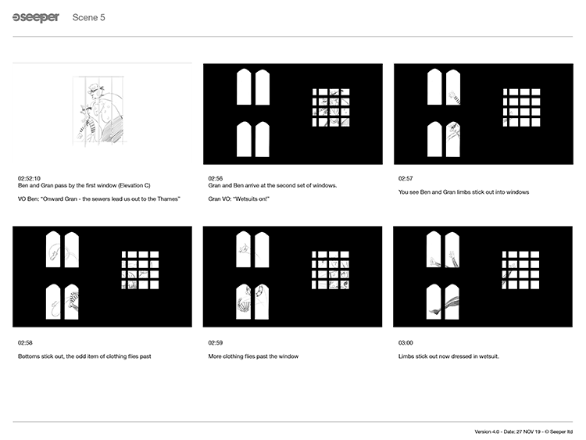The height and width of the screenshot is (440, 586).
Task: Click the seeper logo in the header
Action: point(36,17)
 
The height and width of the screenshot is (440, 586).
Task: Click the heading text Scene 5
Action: point(88,17)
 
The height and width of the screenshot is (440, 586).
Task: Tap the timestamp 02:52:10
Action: point(29,178)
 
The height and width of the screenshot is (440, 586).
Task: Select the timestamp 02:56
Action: point(216,178)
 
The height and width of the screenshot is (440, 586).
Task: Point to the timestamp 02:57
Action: point(406,178)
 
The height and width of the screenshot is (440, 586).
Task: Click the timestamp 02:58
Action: point(25,342)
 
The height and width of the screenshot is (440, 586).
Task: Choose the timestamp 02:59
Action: point(216,342)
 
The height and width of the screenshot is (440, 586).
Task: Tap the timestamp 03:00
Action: point(406,342)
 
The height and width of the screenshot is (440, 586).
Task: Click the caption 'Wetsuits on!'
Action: point(239,199)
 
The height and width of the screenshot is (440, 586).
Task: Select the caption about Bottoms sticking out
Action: point(84,356)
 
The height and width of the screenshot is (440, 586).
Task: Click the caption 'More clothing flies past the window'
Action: point(253,356)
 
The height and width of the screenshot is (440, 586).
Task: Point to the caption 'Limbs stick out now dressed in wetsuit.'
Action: point(448,356)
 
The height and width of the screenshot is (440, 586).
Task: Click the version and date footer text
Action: point(523,431)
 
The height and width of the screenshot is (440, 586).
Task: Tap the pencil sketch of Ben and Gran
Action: point(98,111)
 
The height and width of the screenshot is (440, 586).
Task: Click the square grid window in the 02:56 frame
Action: point(331,107)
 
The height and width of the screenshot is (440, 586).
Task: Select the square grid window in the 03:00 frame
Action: point(520,270)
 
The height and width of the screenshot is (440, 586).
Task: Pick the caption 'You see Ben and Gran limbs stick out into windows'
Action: point(463,192)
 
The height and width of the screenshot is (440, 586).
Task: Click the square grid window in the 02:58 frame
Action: point(140,270)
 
